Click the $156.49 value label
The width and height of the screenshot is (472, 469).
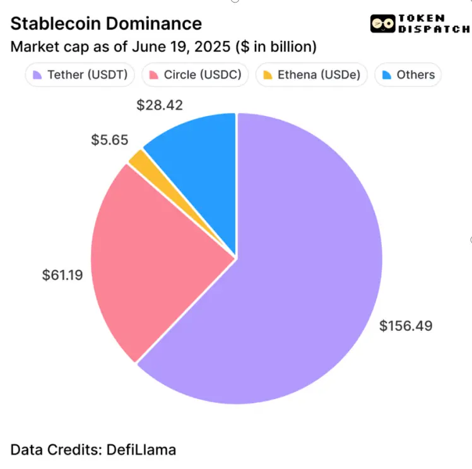(x=406, y=326)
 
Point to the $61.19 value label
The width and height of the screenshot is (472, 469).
(x=62, y=275)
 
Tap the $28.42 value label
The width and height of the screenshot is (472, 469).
(x=160, y=105)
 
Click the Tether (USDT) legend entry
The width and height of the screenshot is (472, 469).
(x=80, y=75)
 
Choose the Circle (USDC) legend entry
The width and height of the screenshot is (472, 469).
(x=195, y=75)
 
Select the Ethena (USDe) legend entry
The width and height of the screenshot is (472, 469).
(x=312, y=75)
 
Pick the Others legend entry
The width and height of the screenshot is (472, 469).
(x=408, y=75)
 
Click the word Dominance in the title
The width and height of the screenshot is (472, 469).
(x=154, y=24)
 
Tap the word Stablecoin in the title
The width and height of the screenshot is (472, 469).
(x=56, y=24)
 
